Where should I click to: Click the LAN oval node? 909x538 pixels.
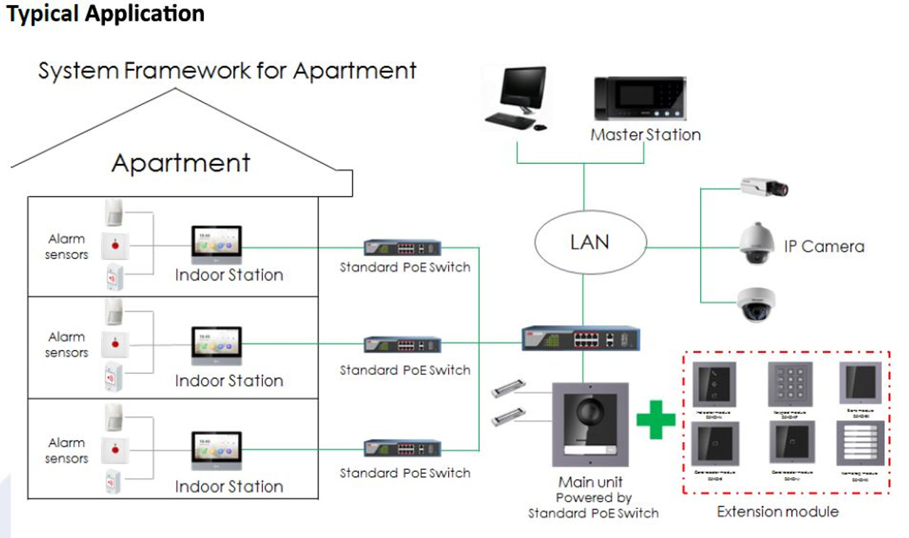(589, 243)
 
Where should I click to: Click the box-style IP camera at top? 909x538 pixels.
(764, 187)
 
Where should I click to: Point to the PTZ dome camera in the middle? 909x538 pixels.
(756, 243)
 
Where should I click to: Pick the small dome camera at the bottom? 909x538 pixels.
(756, 304)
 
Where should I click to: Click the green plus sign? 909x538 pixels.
(655, 419)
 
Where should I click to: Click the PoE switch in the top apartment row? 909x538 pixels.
(402, 248)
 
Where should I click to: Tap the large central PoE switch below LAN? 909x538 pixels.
(581, 338)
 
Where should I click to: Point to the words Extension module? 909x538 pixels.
(777, 512)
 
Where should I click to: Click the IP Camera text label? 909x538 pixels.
(824, 247)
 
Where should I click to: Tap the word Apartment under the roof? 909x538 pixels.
(181, 163)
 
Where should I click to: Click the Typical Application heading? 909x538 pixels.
(106, 13)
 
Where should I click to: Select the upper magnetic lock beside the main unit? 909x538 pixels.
(508, 389)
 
